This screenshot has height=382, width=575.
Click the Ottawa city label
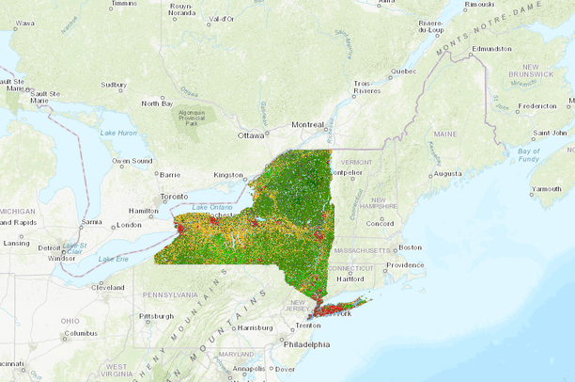pyautogui.click(x=251, y=135)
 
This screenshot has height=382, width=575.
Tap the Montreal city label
pyautogui.click(x=307, y=124)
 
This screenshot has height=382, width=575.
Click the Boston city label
pyautogui.click(x=410, y=247)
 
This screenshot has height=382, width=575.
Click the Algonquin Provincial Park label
pyautogui.click(x=193, y=119)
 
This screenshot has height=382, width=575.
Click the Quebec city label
pyautogui.click(x=403, y=71)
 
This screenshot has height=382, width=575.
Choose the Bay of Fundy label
pyautogui.click(x=529, y=155)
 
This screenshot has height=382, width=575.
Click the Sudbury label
pyautogui.click(x=113, y=84)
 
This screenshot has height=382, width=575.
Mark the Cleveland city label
pyautogui.click(x=108, y=287)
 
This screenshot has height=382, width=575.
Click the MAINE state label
pyautogui.click(x=444, y=135)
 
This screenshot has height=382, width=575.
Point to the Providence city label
pyautogui.click(x=405, y=265)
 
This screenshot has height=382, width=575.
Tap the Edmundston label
pyautogui.click(x=491, y=48)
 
